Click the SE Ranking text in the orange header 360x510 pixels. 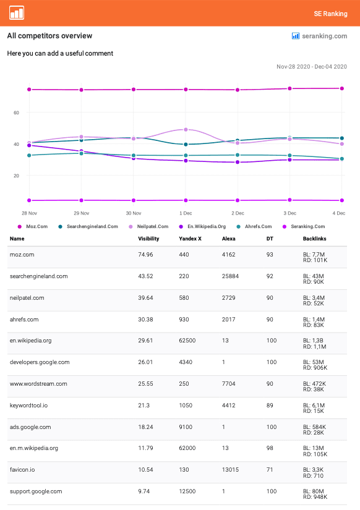[x=330, y=14]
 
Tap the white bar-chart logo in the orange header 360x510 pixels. [x=17, y=13]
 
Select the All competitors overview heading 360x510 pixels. [x=50, y=36]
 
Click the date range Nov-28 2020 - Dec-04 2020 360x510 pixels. [x=312, y=67]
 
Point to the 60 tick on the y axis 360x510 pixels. [x=16, y=113]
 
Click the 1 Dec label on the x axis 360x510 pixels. [x=186, y=213]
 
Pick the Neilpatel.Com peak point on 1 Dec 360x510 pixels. [x=186, y=129]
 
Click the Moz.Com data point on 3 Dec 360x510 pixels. [x=289, y=88]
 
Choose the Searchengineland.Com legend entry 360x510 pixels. [x=88, y=226]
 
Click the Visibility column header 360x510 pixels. [x=148, y=239]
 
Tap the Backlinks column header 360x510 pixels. [x=314, y=239]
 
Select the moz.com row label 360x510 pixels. [x=22, y=255]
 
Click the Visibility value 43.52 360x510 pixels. [x=145, y=276]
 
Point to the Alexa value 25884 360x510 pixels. [x=230, y=276]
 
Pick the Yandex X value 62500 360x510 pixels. [x=187, y=341]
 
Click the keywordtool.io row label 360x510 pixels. [x=28, y=406]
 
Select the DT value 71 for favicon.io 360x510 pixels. [x=270, y=470]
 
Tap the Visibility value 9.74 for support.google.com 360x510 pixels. [x=144, y=491]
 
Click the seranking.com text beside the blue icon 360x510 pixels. [x=325, y=36]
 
